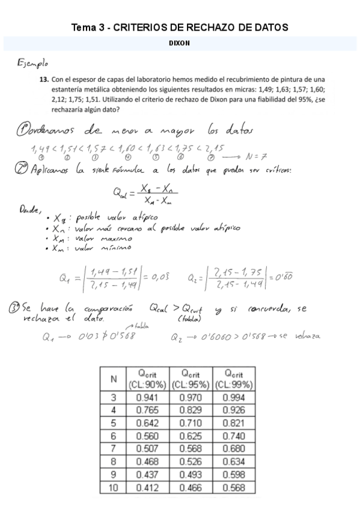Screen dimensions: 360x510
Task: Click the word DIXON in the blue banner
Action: (180, 43)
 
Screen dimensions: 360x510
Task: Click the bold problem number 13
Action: (43, 78)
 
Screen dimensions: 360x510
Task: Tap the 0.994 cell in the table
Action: (233, 397)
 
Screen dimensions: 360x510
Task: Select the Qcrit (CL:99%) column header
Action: (233, 379)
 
